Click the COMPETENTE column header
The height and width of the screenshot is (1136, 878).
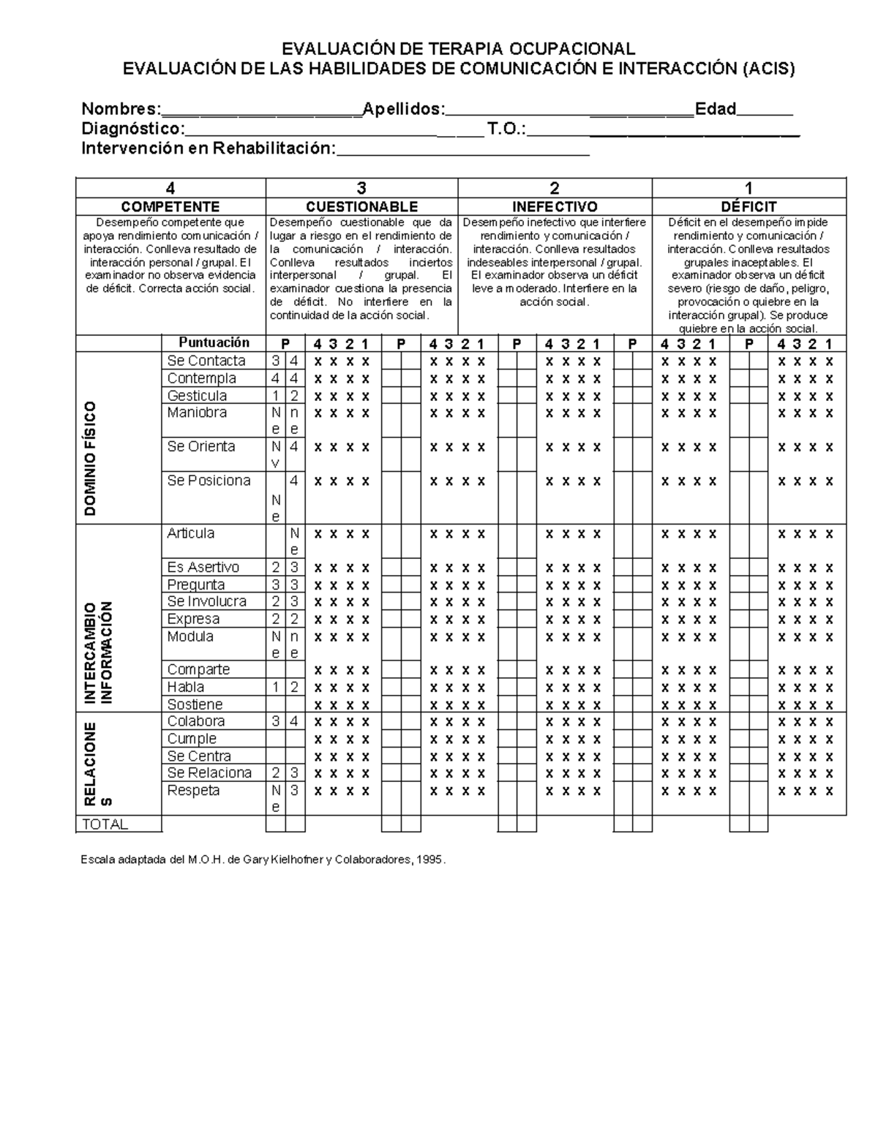(x=170, y=207)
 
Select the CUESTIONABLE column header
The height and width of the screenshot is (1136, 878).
(x=361, y=207)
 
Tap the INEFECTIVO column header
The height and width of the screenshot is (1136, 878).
(x=555, y=207)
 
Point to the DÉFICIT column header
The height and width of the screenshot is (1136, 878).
(x=748, y=207)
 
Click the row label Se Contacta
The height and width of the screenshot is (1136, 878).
(x=206, y=361)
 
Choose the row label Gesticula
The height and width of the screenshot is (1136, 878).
(x=197, y=396)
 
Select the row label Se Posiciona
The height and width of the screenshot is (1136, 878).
(x=209, y=481)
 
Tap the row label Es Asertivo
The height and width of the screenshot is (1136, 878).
(x=203, y=567)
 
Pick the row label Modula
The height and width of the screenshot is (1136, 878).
(x=190, y=636)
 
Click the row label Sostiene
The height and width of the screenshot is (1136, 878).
(x=195, y=704)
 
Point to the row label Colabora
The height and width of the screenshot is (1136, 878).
(x=196, y=721)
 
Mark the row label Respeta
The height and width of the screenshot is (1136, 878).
(x=193, y=791)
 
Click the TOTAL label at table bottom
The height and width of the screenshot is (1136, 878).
(x=105, y=824)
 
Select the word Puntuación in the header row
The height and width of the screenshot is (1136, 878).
(x=214, y=342)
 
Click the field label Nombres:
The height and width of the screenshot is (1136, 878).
(x=121, y=109)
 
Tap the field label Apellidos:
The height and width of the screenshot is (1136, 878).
(x=404, y=109)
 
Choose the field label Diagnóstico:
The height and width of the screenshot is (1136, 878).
(x=132, y=129)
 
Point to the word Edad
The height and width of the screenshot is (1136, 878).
(x=715, y=109)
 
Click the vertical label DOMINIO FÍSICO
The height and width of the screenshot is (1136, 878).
(x=91, y=459)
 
